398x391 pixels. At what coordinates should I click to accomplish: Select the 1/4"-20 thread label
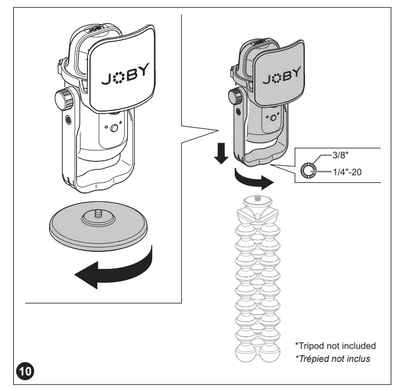(x=347, y=172)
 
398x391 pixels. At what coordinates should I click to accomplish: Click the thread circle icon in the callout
(x=308, y=170)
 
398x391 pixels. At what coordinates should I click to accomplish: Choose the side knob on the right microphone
(x=235, y=95)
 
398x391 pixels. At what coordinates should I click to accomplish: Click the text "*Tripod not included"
(x=335, y=346)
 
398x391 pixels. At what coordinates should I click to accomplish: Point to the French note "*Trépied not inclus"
(x=333, y=358)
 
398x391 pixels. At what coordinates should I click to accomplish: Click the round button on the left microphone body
(x=114, y=129)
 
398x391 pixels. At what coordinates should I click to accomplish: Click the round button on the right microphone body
(x=273, y=118)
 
